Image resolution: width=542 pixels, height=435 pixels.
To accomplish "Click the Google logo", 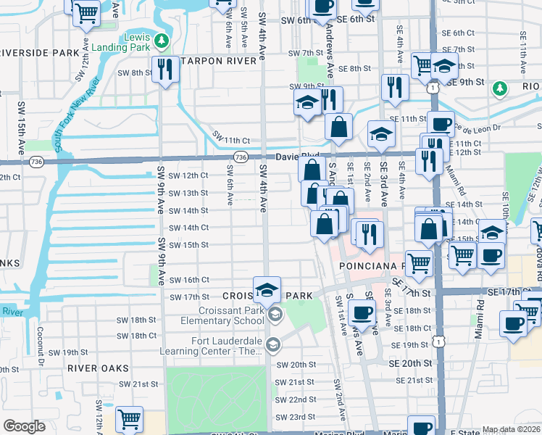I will (24, 426).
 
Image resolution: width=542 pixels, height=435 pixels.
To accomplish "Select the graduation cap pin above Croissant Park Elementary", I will (267, 289).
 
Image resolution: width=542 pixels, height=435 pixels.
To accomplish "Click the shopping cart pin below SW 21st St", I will (129, 418).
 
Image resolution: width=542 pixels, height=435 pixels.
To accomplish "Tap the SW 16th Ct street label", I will (188, 280).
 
